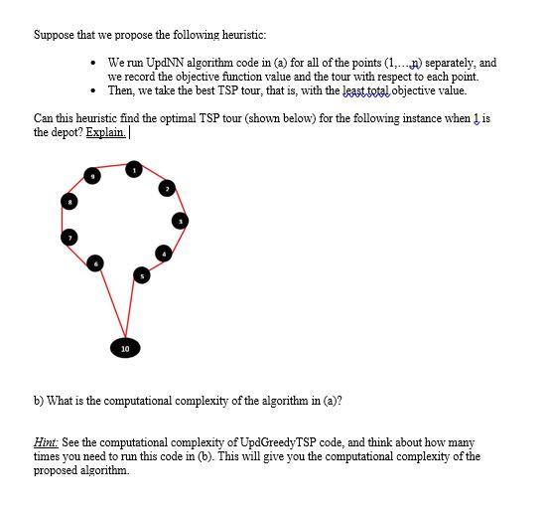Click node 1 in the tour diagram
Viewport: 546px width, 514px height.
[134, 171]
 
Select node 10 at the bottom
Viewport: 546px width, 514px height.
[124, 349]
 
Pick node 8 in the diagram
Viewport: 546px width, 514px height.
[68, 202]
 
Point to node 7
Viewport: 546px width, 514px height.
[69, 238]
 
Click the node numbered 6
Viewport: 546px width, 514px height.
[96, 262]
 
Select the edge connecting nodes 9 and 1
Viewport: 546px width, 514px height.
[113, 174]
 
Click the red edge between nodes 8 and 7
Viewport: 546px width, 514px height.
[68, 220]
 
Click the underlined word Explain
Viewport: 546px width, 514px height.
[106, 132]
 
